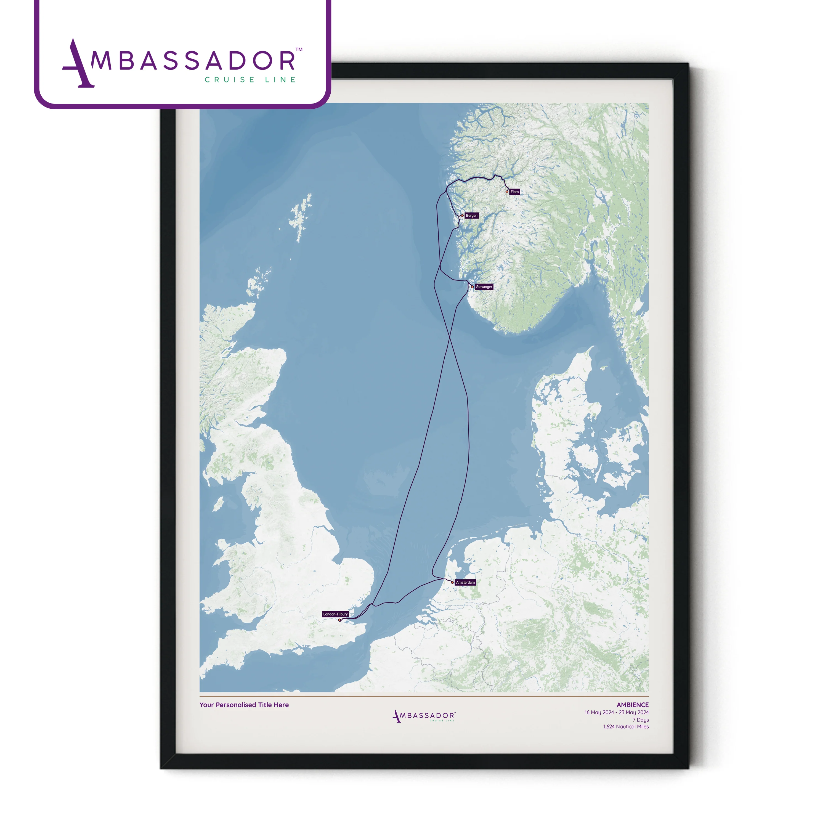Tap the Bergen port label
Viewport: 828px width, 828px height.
click(x=471, y=216)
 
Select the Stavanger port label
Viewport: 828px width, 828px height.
click(x=484, y=287)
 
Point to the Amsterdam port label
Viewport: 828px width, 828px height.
click(x=465, y=582)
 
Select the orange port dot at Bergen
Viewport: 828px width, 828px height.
click(x=462, y=216)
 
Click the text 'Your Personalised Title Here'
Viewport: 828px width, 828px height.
click(x=244, y=705)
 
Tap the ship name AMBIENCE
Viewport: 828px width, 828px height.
click(x=633, y=705)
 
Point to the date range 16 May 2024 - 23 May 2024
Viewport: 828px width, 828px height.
click(x=616, y=713)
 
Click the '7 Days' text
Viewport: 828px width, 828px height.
click(x=641, y=720)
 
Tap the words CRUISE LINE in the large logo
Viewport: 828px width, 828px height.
click(x=250, y=80)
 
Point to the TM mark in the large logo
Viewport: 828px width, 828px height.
click(x=299, y=50)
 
